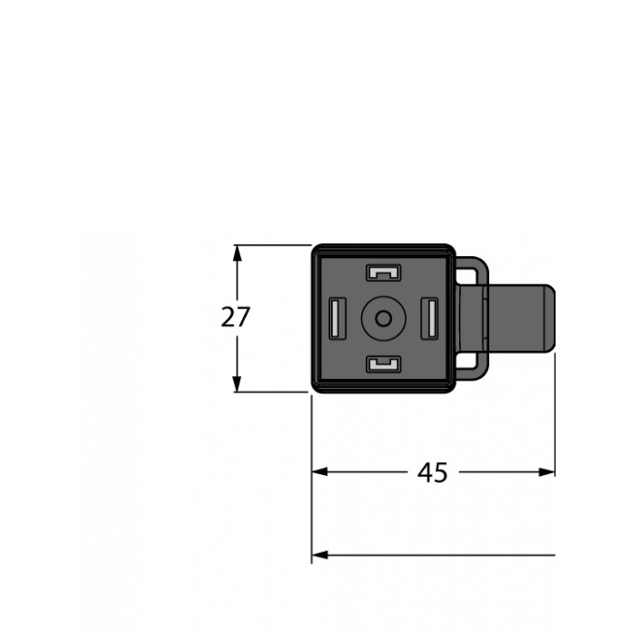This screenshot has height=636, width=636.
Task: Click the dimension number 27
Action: (x=236, y=318)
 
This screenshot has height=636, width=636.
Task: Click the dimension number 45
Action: (x=431, y=473)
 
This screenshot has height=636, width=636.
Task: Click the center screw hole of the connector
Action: (x=382, y=318)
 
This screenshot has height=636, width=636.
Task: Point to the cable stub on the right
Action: (x=524, y=318)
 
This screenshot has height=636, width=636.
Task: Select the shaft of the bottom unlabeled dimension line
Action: (x=440, y=555)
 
